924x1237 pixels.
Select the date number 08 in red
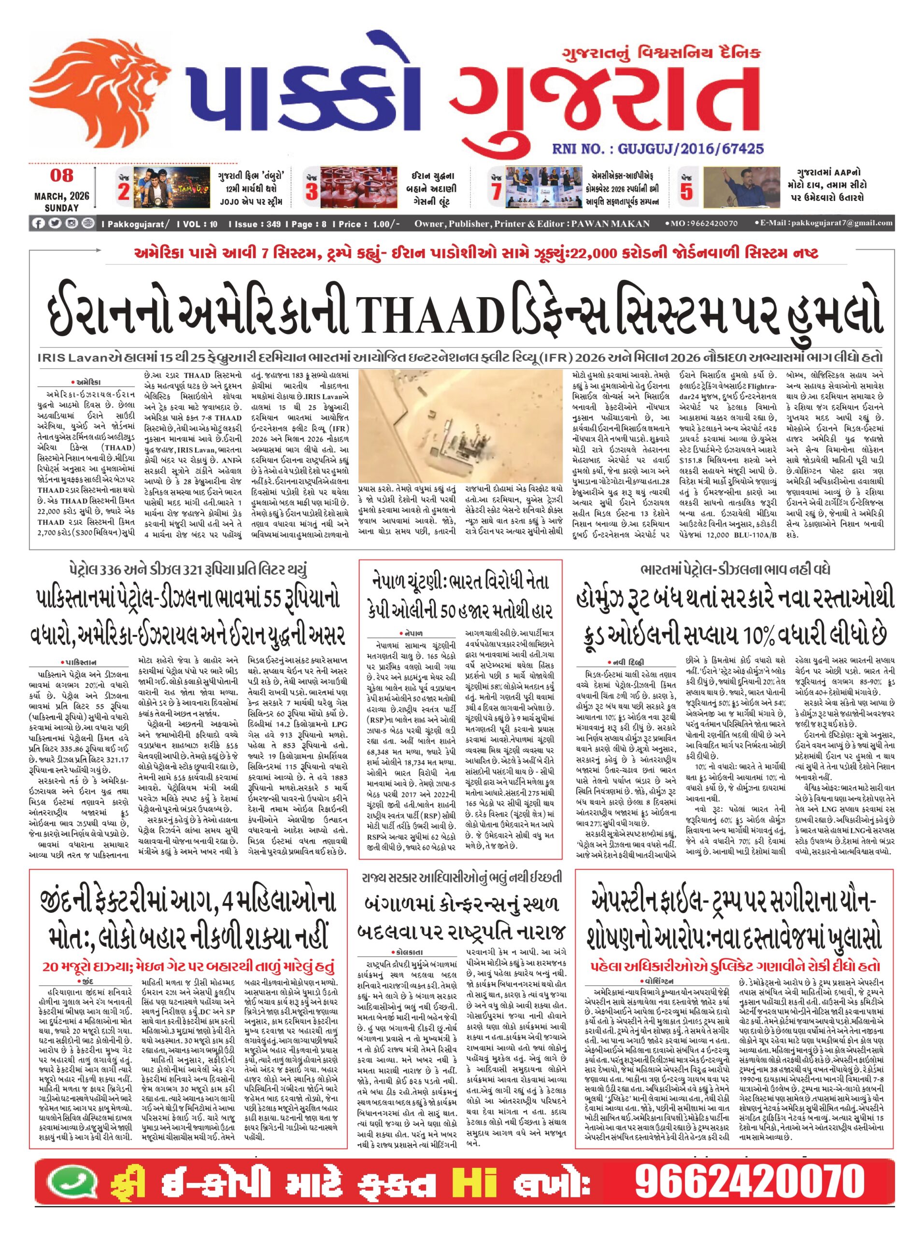coord(61,175)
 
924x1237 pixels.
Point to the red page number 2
coord(124,192)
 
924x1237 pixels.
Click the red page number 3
coord(311,192)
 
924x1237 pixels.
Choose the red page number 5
coord(686,192)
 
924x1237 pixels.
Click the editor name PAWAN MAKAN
coord(610,224)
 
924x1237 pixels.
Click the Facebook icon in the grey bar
coord(39,224)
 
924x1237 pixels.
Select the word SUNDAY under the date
coord(61,207)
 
